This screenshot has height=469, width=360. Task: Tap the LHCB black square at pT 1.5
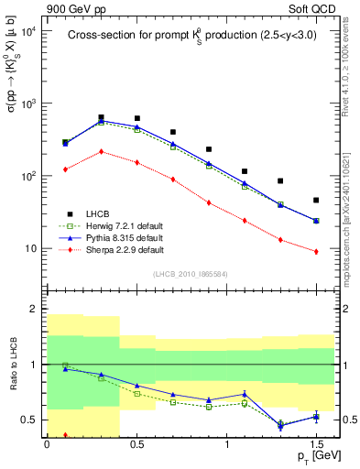click(x=316, y=200)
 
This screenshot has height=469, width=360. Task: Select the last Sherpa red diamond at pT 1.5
click(x=316, y=251)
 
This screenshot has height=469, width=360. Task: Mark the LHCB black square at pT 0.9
click(x=209, y=148)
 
